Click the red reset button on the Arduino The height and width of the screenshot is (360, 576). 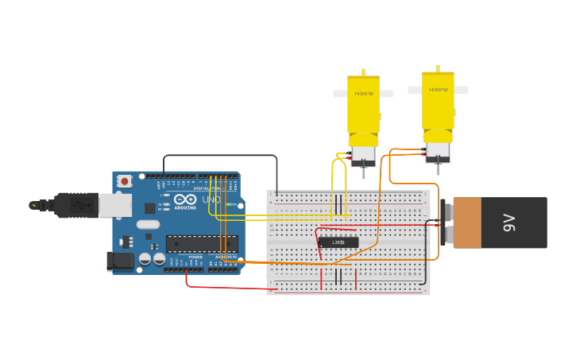[x=125, y=181]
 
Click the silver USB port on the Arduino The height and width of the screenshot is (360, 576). [x=114, y=205]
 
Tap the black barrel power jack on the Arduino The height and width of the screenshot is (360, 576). [x=119, y=260]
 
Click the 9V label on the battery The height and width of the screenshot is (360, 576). [x=510, y=223]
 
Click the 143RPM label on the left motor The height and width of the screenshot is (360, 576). [x=363, y=94]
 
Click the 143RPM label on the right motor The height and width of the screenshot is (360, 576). [x=438, y=90]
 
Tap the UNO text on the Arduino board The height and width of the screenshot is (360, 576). [x=211, y=199]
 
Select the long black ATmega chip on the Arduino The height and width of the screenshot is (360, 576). [x=201, y=243]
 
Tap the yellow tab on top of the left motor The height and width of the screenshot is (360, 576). [x=363, y=72]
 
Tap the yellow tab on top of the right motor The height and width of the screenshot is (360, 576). [x=438, y=68]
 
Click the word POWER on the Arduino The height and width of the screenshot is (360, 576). [x=195, y=257]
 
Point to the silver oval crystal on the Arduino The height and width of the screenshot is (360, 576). [x=148, y=224]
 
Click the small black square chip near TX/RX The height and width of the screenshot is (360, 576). [x=150, y=208]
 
